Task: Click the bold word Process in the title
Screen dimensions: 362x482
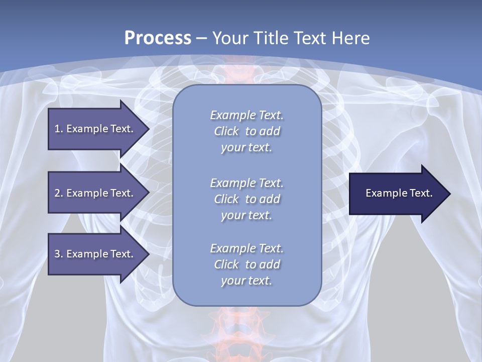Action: click(x=158, y=38)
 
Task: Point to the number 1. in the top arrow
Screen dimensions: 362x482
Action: click(x=59, y=129)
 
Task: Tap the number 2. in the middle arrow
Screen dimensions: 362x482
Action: click(x=59, y=193)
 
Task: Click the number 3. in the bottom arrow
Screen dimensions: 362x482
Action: click(x=59, y=254)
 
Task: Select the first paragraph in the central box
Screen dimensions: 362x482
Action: click(x=247, y=131)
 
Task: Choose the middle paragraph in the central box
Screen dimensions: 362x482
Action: click(x=247, y=199)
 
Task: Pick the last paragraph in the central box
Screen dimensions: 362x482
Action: click(x=247, y=264)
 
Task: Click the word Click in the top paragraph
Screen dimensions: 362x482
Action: click(x=226, y=131)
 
